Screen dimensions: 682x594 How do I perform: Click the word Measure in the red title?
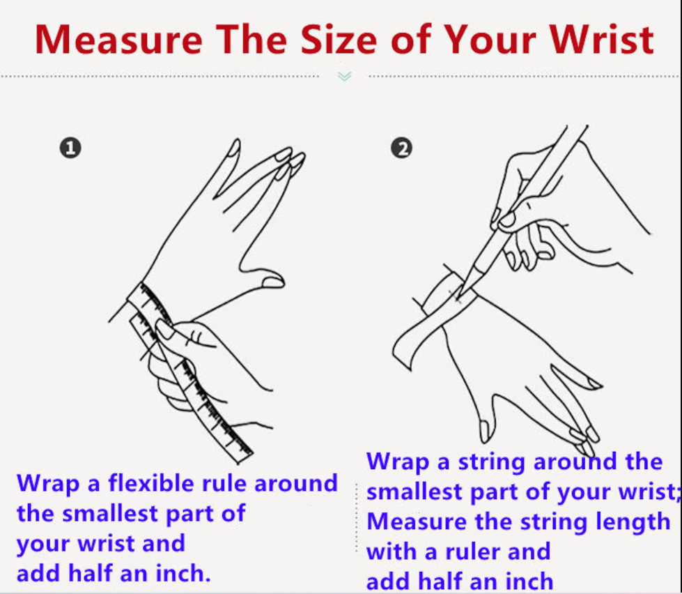pyautogui.click(x=118, y=40)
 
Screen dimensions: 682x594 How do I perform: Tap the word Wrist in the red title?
pyautogui.click(x=601, y=40)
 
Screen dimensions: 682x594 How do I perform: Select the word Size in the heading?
pyautogui.click(x=339, y=40)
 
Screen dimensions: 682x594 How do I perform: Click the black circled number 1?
pyautogui.click(x=70, y=148)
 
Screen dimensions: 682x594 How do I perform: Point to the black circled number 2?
pyautogui.click(x=401, y=148)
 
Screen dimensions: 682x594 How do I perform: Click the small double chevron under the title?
pyautogui.click(x=344, y=77)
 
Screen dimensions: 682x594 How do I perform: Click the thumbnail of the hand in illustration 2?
pyautogui.click(x=484, y=431)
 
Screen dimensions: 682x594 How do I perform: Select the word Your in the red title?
pyautogui.click(x=492, y=40)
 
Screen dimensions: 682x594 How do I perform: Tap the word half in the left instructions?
pyautogui.click(x=91, y=574)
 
